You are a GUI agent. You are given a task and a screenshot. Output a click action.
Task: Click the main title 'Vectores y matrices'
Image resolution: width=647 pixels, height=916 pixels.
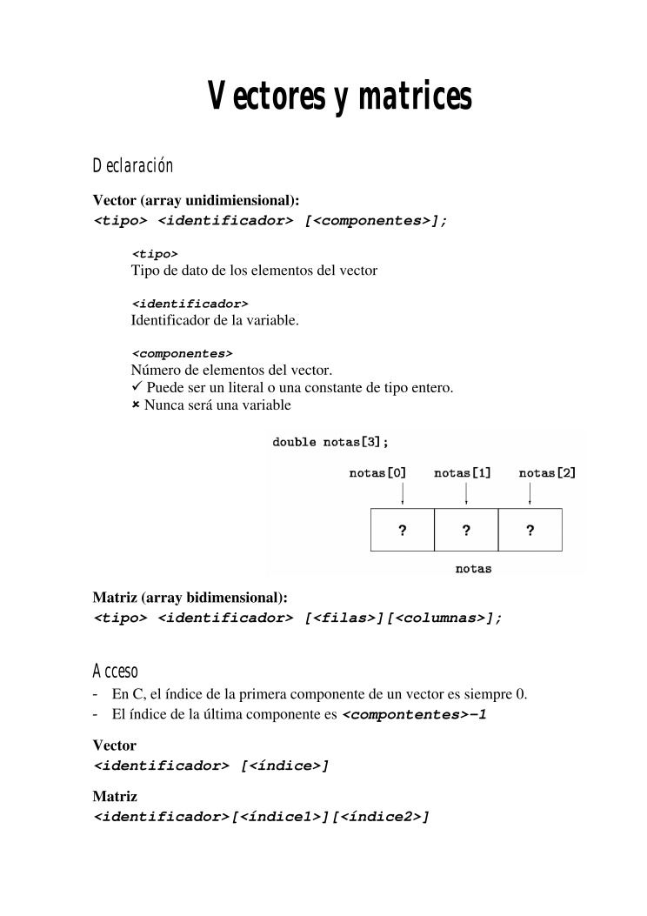pos(339,97)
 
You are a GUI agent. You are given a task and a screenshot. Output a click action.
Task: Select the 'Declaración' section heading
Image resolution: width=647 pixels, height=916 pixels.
pos(132,165)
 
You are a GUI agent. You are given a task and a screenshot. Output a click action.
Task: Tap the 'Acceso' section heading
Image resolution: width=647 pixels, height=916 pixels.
pos(115,671)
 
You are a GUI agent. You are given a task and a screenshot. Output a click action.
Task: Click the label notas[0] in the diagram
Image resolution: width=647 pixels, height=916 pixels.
pos(377,473)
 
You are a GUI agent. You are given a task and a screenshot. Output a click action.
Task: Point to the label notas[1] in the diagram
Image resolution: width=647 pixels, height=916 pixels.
pos(462,473)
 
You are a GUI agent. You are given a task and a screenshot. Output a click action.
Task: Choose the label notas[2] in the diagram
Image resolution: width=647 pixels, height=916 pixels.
pos(547,473)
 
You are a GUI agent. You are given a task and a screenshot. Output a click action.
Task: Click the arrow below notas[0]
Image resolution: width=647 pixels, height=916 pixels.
pos(403,494)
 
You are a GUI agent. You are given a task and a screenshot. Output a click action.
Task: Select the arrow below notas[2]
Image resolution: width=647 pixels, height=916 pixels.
pos(530,494)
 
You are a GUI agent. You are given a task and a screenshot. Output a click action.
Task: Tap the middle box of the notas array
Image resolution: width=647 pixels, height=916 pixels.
pos(466,530)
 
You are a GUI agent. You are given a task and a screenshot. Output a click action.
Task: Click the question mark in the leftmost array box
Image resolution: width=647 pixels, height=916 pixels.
pos(403,530)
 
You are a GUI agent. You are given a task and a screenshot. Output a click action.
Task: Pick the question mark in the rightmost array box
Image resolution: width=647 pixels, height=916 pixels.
pos(530,530)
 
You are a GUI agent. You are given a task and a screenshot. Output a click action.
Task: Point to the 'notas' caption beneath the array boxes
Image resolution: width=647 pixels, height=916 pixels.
pos(473,569)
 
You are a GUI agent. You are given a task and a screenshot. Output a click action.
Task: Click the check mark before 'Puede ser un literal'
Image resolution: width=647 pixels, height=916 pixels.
pos(137,387)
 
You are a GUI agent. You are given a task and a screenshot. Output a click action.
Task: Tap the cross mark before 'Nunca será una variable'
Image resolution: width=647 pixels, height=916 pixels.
pos(136,405)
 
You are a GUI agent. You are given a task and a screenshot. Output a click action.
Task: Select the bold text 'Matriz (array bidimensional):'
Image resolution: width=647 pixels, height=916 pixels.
pos(190,598)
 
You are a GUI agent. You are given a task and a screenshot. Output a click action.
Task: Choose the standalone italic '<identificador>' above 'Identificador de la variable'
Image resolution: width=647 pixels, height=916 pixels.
pos(190,304)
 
